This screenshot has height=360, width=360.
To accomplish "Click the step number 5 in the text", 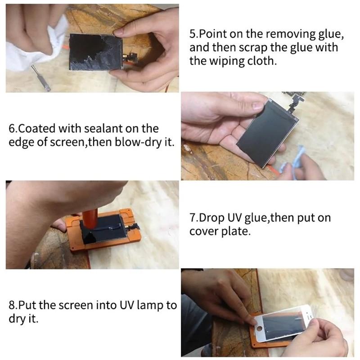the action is pyautogui.click(x=192, y=34).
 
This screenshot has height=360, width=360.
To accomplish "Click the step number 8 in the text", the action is pyautogui.click(x=12, y=306).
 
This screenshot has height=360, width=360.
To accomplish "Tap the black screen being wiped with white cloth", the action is pyautogui.click(x=96, y=52).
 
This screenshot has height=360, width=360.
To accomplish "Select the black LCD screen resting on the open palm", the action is pyautogui.click(x=268, y=133).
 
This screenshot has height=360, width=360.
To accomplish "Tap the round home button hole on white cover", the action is pyautogui.click(x=260, y=328).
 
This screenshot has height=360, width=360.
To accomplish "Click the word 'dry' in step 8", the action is pyautogui.click(x=17, y=319).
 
